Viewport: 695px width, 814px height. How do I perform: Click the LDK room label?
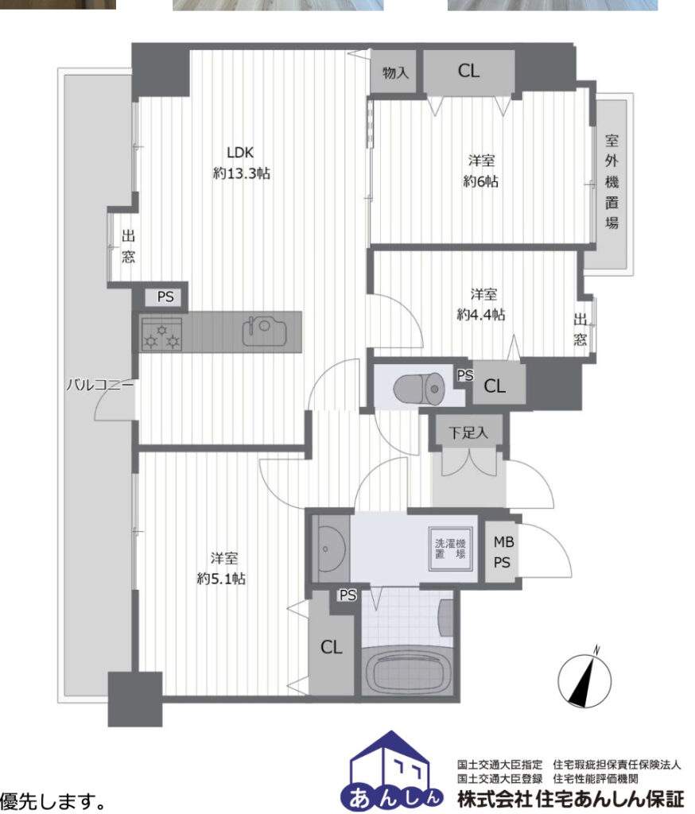[240, 152]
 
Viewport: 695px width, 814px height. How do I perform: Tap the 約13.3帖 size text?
[242, 172]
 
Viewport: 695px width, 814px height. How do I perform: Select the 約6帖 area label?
[481, 181]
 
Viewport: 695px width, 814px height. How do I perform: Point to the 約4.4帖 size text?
[481, 314]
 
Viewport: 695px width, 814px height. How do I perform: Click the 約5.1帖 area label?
[221, 579]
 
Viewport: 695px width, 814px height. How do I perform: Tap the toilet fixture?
[417, 388]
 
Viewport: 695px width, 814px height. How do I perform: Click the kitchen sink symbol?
[264, 330]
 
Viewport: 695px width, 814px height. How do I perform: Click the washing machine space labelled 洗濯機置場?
[450, 548]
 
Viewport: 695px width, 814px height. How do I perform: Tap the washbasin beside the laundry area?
[332, 548]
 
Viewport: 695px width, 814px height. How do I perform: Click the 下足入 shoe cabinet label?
[468, 432]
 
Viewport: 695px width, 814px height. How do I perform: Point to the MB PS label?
[503, 552]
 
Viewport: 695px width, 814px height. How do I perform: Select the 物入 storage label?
[395, 72]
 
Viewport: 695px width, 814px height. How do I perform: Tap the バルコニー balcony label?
[99, 386]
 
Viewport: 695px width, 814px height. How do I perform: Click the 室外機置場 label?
[612, 182]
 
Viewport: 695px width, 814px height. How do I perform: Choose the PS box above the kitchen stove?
[165, 297]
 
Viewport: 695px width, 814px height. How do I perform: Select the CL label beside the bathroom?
[332, 647]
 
